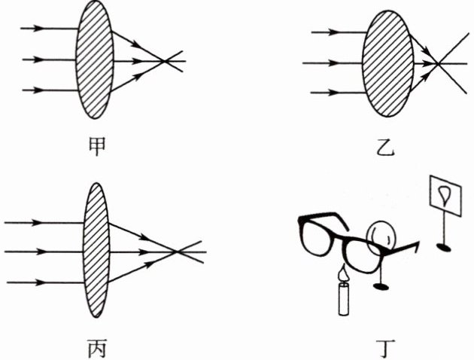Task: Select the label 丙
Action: [94, 349]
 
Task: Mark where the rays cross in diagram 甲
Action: [166, 59]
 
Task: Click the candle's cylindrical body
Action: [345, 300]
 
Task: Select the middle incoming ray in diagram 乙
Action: [331, 63]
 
